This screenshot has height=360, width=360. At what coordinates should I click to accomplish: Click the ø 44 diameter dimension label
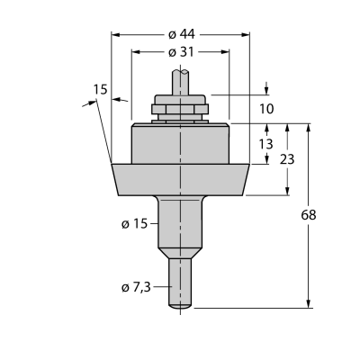182,35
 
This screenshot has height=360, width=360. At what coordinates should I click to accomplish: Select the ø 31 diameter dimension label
181,52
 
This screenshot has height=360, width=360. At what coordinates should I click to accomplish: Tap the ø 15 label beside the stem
135,223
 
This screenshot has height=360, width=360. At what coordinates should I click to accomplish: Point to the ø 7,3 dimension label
136,288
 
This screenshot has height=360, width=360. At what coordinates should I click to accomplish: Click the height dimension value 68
309,215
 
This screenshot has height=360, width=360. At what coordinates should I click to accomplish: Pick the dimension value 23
287,159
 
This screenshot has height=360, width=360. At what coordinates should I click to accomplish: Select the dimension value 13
265,144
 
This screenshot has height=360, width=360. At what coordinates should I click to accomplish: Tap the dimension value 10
266,109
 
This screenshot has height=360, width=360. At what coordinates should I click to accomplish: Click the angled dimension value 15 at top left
100,89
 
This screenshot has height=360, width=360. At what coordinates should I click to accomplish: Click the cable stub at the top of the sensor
180,83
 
